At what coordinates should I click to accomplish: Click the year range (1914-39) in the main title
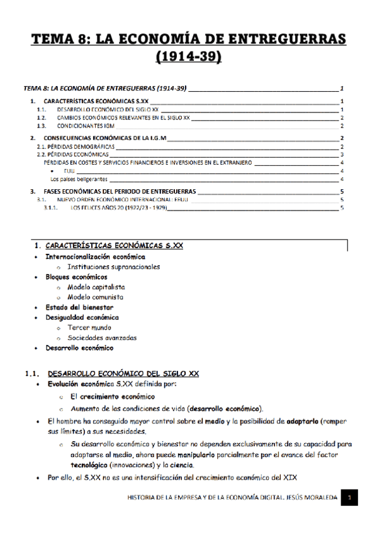click(189, 58)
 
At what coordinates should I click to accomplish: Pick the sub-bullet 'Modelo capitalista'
click(96, 287)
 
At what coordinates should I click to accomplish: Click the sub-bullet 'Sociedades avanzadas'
click(102, 338)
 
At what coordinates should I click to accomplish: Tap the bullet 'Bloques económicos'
click(76, 277)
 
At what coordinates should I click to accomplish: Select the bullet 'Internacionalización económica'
click(95, 256)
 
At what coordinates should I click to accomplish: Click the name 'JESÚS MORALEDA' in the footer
click(305, 498)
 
